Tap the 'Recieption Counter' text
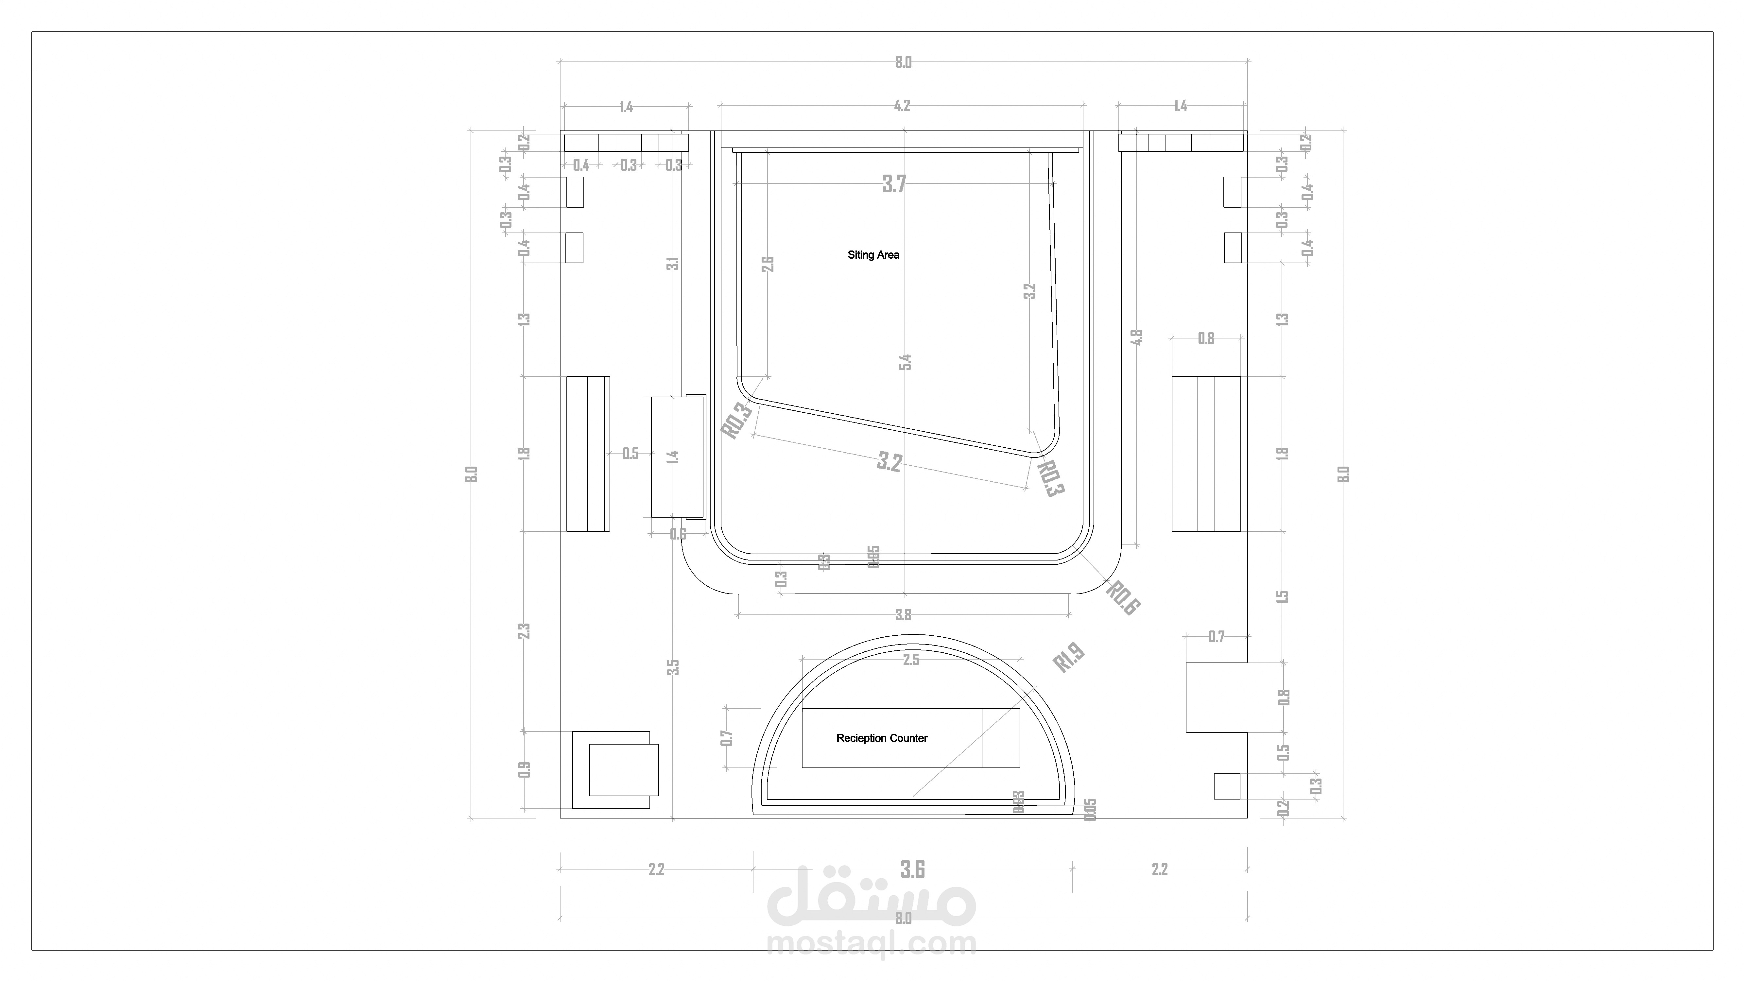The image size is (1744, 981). click(881, 738)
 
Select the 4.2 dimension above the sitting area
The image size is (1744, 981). click(902, 106)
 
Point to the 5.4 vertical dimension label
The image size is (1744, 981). click(905, 362)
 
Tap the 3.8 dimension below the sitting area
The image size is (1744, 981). click(903, 615)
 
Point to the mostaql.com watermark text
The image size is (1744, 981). click(871, 943)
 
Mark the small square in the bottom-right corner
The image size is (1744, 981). click(1227, 786)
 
